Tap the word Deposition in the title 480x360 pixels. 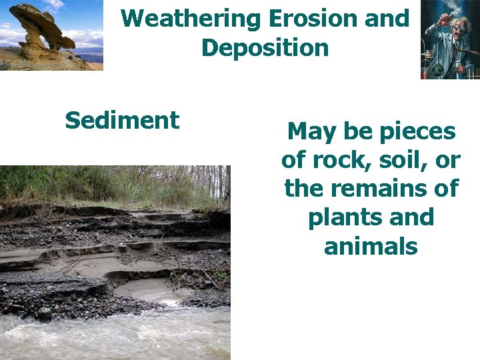pos(265,48)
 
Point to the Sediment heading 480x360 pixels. pos(122,121)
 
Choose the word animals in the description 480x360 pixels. pos(371,247)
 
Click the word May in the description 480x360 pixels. pos(312,132)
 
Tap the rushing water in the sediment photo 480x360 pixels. pos(113,337)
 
